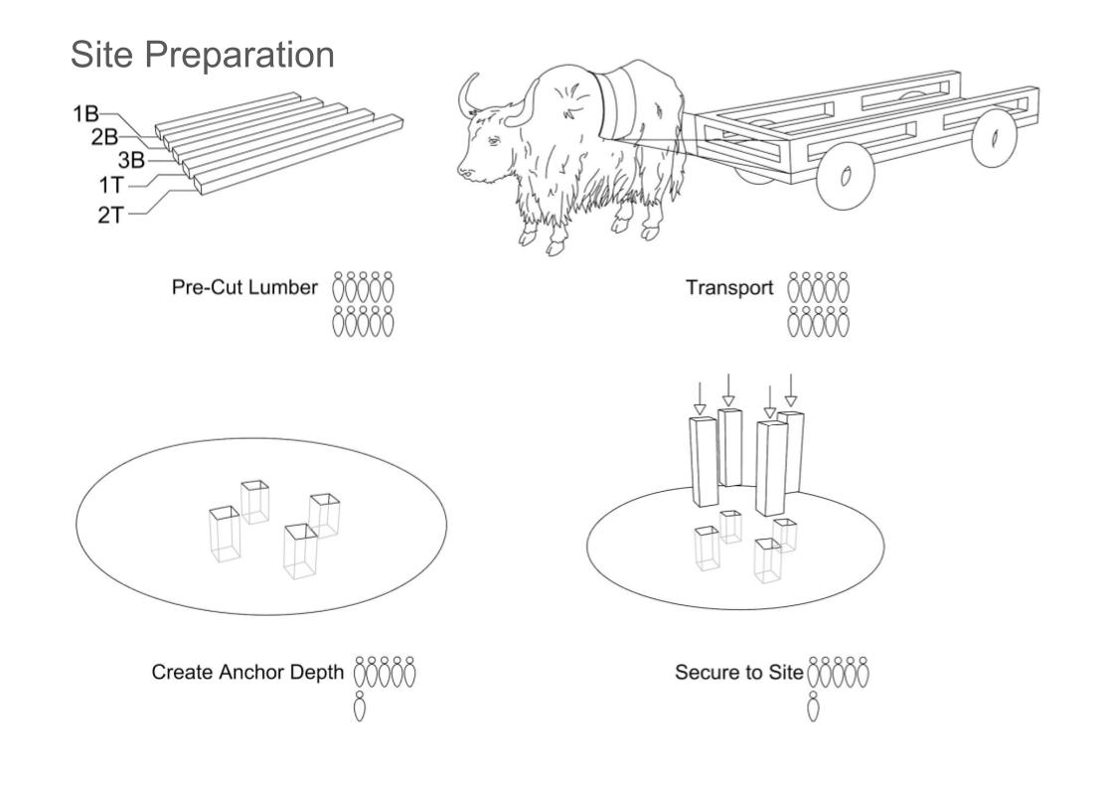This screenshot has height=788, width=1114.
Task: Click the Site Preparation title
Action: [x=203, y=56]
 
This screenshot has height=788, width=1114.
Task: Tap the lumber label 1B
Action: [x=86, y=113]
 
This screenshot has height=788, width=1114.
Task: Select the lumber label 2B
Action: [x=104, y=136]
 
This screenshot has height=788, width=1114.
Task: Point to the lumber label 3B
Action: [x=131, y=160]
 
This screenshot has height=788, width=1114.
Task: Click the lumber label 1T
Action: [x=111, y=186]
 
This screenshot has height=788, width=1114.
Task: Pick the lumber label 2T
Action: [x=111, y=215]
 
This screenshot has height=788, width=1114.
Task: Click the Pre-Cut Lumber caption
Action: [x=244, y=287]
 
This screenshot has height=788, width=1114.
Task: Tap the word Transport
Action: [x=729, y=288]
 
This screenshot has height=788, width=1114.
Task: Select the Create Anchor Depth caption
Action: [x=247, y=672]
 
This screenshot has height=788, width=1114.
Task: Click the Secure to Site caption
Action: [x=739, y=672]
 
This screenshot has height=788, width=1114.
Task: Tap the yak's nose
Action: [x=464, y=171]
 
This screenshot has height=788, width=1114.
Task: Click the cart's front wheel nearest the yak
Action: [x=845, y=176]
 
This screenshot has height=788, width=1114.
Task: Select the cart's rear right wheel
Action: [x=994, y=137]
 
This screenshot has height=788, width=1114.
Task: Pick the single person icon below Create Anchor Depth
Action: [x=360, y=706]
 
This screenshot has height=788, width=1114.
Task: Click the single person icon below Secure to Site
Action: [x=814, y=706]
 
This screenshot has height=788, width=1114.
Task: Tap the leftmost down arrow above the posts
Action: [x=700, y=398]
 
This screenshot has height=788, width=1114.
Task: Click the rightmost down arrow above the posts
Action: [x=791, y=391]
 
